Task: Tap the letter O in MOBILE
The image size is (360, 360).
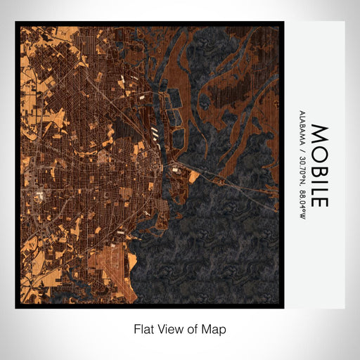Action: [319, 150]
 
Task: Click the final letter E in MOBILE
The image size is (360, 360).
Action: [319, 200]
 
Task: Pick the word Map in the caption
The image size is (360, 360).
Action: [213, 328]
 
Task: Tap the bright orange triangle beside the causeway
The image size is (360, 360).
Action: [193, 177]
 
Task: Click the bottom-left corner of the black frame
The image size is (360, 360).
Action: [16, 307]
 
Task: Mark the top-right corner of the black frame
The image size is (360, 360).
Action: [283, 22]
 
